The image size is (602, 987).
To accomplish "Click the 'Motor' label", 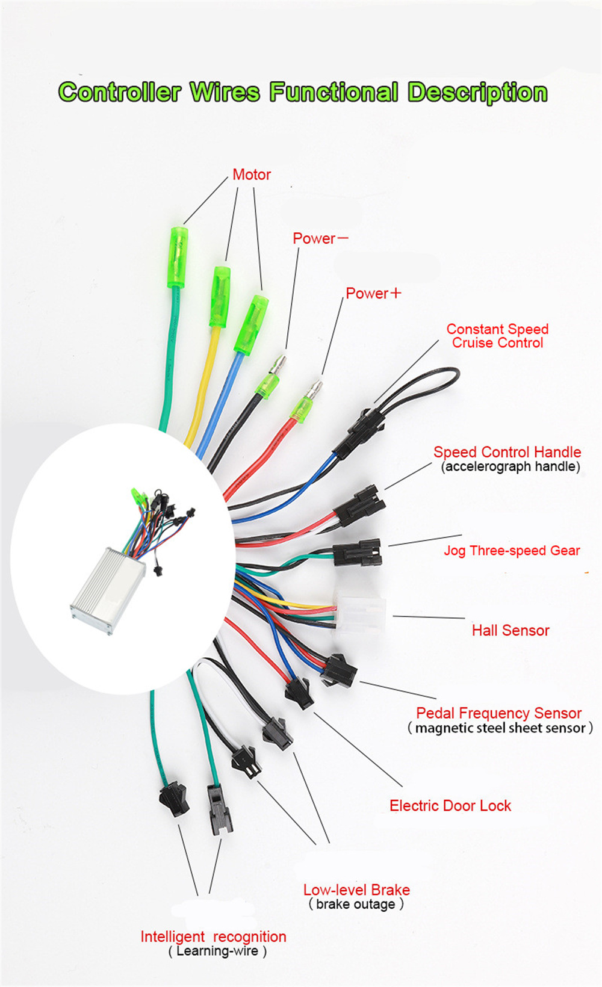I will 252,175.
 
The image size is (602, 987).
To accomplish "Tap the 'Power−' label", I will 320,238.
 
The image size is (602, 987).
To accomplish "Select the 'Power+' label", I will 373,294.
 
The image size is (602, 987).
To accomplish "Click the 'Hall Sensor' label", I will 510,631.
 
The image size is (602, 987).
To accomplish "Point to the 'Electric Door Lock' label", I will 450,806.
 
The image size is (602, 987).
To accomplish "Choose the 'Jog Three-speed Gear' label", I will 512,551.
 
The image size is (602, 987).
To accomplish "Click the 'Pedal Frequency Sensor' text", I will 498,713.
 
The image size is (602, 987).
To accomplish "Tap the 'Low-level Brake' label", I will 356,890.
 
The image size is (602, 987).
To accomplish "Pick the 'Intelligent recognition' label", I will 213,937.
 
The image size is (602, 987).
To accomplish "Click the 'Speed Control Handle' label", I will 507,453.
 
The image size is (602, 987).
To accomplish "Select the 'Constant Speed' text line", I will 497,329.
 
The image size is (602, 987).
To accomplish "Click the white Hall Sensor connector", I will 360,614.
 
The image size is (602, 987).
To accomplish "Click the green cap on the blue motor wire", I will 251,324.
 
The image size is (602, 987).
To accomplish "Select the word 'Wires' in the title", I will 225,93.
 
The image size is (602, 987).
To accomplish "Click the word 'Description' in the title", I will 477,93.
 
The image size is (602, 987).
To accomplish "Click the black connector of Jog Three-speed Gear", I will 358,552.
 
